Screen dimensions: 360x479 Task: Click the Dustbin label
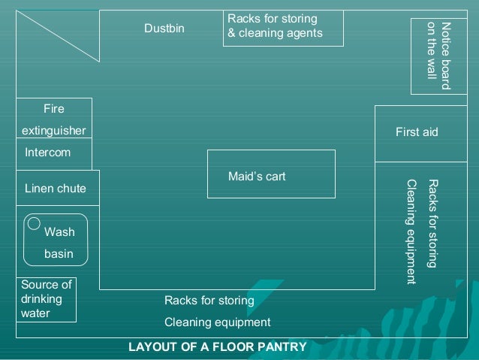(164, 29)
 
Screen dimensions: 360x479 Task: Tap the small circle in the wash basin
(34, 223)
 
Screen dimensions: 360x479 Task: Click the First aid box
(416, 133)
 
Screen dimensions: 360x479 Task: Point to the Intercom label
(47, 153)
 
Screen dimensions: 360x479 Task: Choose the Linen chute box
(57, 188)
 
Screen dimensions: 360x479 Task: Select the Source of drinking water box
(47, 299)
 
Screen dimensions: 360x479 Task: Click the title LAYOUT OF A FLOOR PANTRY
(218, 347)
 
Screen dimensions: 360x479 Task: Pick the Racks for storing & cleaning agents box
(283, 27)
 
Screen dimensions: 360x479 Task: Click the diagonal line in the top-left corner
(57, 35)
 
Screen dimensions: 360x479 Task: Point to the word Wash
(59, 232)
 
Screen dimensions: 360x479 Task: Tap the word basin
(59, 254)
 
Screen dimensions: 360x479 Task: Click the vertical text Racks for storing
(432, 223)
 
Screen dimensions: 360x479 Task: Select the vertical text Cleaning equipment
(411, 231)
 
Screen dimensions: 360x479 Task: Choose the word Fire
(54, 109)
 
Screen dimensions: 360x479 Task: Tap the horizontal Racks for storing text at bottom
(209, 301)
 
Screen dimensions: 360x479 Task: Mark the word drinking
(42, 299)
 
